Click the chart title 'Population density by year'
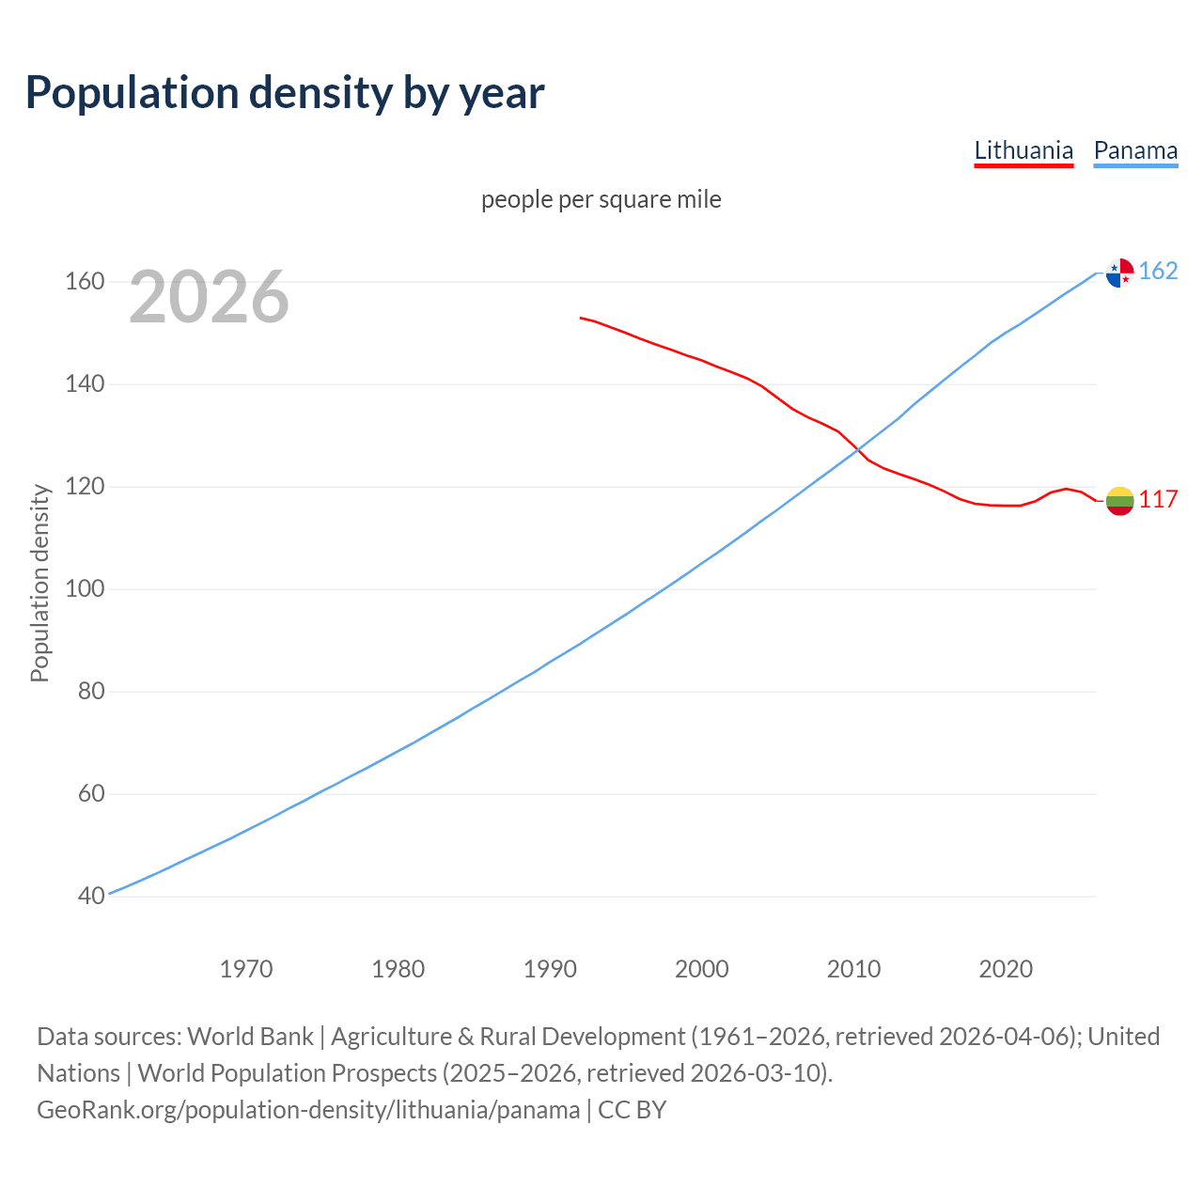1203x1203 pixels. coord(285,92)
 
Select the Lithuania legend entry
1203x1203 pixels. coord(1023,150)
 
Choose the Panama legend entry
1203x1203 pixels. coord(1135,150)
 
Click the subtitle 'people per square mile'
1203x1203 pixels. coord(601,199)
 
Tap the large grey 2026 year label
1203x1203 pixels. coord(209,297)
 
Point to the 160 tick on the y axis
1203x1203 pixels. coord(85,282)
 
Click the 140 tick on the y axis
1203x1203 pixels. coord(85,384)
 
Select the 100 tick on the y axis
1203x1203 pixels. coord(85,589)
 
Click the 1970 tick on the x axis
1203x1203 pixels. coord(246,969)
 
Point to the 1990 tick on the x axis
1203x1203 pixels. coord(550,969)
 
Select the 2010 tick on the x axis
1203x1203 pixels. coord(853,969)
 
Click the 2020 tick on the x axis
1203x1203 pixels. coord(1006,969)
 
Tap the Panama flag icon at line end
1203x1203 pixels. coord(1119,273)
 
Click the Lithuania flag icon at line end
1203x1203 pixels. coord(1119,501)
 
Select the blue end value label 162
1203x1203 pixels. coord(1158,272)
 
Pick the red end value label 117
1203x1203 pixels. coord(1158,500)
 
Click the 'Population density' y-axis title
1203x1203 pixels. coord(39,583)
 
